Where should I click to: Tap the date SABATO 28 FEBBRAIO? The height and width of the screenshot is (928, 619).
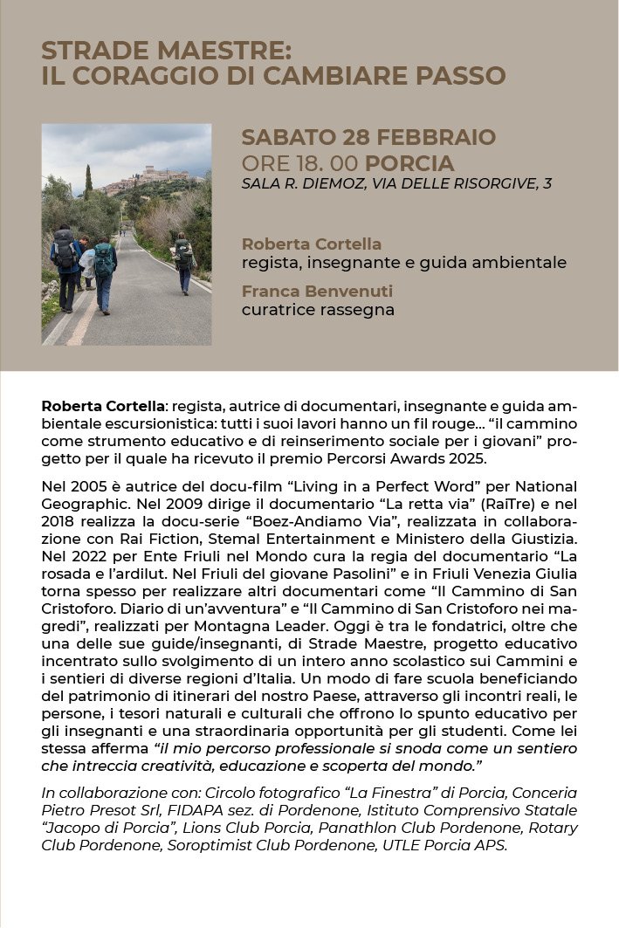pyautogui.click(x=368, y=137)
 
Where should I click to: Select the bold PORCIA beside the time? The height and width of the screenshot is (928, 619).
pyautogui.click(x=409, y=163)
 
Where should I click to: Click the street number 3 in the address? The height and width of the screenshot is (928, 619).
pyautogui.click(x=547, y=183)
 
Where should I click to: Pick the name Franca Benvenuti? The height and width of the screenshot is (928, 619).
pyautogui.click(x=317, y=291)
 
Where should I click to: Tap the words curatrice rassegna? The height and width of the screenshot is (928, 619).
pyautogui.click(x=318, y=309)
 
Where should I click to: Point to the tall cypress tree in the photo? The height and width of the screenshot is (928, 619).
pyautogui.click(x=88, y=182)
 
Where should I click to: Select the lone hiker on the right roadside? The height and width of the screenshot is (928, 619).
pyautogui.click(x=183, y=260)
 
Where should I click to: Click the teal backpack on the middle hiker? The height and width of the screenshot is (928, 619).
pyautogui.click(x=104, y=259)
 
